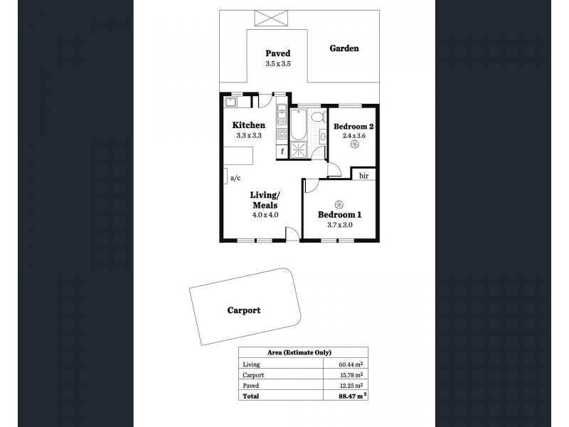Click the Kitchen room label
[249, 125]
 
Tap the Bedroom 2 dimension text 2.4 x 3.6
[353, 135]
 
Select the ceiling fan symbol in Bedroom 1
[339, 202]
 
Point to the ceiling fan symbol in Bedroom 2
[353, 145]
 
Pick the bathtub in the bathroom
[297, 125]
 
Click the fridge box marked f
[282, 150]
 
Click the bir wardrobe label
[363, 175]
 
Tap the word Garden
[344, 49]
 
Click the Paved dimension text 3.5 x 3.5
[278, 63]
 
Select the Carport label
[243, 310]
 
